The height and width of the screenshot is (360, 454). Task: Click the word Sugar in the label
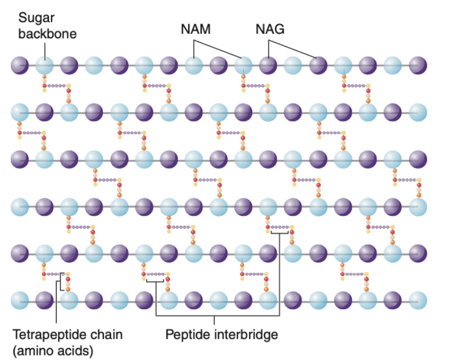coord(36,18)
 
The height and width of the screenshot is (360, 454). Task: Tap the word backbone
coord(47,34)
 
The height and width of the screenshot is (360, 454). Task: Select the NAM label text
coord(196,29)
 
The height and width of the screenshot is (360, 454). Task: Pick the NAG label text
coord(270,29)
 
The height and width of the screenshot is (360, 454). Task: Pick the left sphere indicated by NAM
coord(193,65)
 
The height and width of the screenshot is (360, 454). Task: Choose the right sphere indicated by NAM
coord(243,65)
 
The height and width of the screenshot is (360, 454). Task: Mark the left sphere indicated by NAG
coord(268,65)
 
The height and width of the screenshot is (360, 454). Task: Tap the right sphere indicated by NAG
coord(317,65)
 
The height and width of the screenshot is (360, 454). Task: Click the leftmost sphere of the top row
coord(20,65)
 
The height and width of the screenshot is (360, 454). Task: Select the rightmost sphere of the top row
coord(417,65)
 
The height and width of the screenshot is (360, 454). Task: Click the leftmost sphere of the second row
coord(20,112)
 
